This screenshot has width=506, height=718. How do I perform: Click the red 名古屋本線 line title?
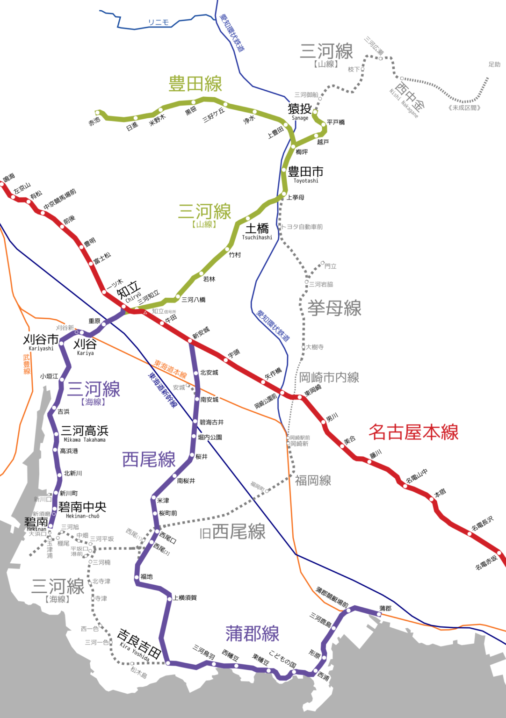[x=413, y=432]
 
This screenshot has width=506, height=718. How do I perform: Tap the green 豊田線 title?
[x=195, y=84]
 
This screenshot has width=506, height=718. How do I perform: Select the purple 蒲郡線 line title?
[x=252, y=634]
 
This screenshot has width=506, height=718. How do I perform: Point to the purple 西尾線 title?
[x=149, y=460]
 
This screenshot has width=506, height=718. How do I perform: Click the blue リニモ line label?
[x=158, y=22]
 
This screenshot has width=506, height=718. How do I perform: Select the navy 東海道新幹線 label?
[x=162, y=389]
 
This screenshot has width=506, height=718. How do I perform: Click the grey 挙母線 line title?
[x=334, y=309]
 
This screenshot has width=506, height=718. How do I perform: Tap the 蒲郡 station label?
[x=385, y=608]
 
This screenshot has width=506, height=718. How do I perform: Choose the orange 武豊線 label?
[x=27, y=364]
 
